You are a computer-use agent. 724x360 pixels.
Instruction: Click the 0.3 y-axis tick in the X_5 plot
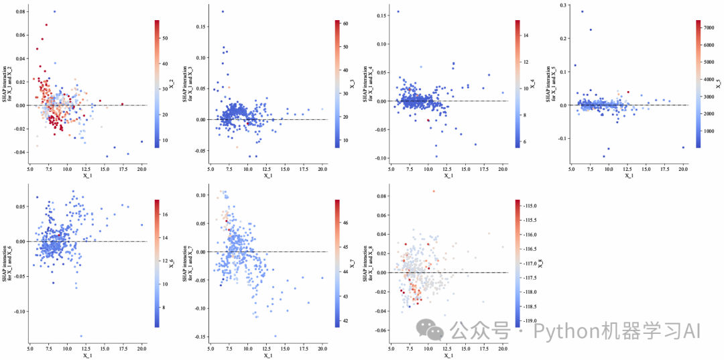tap(562, 5)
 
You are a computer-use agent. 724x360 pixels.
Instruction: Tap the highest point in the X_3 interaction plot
tap(223, 11)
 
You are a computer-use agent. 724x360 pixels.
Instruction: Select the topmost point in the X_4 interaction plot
tap(398, 11)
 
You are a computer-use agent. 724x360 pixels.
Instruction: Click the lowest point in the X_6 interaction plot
tap(81, 336)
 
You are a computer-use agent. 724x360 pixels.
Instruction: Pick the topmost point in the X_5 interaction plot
tap(582, 11)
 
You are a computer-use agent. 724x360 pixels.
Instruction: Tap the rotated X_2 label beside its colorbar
tap(172, 84)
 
